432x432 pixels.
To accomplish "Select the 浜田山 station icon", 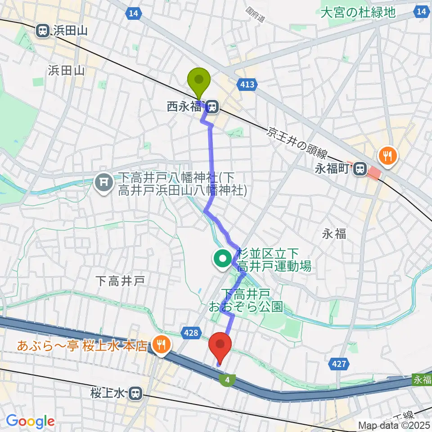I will click(43, 31).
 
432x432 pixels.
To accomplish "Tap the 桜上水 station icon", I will click(134, 394).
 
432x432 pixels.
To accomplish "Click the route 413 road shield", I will click(247, 84).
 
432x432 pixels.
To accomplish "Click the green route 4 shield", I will click(227, 380).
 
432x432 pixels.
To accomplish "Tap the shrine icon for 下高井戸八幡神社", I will click(104, 182).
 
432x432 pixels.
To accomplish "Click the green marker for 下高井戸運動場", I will click(223, 259).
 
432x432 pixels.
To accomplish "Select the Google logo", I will click(30, 421).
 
